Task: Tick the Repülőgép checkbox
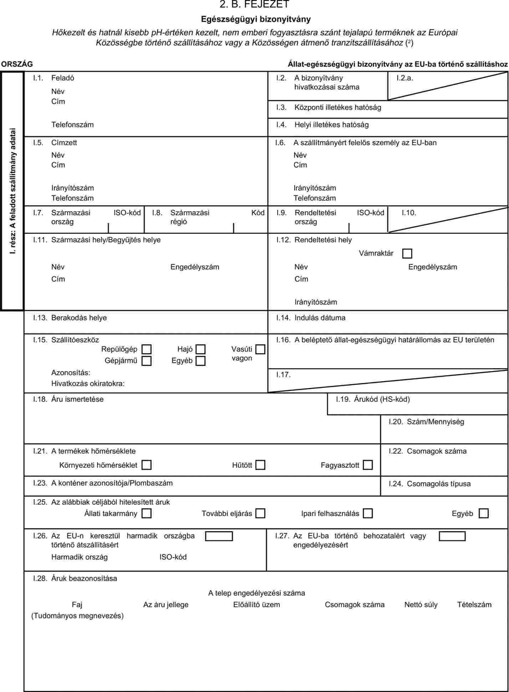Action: pyautogui.click(x=146, y=349)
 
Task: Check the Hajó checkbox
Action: pyautogui.click(x=201, y=349)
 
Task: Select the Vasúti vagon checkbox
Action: pyautogui.click(x=260, y=349)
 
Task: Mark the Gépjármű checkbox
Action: pyautogui.click(x=146, y=361)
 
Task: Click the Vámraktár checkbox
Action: pyautogui.click(x=407, y=253)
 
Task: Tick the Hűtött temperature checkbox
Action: pyautogui.click(x=261, y=465)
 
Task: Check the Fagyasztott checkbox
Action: pyautogui.click(x=368, y=465)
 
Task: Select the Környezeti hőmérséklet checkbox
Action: pyautogui.click(x=146, y=465)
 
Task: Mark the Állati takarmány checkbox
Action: pyautogui.click(x=146, y=513)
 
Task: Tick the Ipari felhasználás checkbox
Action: pyautogui.click(x=368, y=513)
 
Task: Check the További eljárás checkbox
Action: pyautogui.click(x=261, y=513)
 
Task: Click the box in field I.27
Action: pyautogui.click(x=452, y=536)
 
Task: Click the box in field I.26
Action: pyautogui.click(x=219, y=536)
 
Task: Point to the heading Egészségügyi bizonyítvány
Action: pyautogui.click(x=256, y=19)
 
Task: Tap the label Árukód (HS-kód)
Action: pyautogui.click(x=382, y=399)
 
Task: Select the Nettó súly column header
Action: pyautogui.click(x=421, y=605)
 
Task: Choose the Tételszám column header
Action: pyautogui.click(x=474, y=605)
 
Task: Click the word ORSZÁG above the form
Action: pyautogui.click(x=17, y=64)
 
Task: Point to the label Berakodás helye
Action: pyautogui.click(x=79, y=318)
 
